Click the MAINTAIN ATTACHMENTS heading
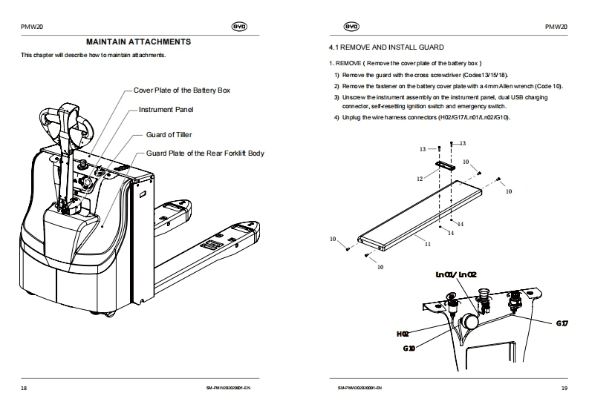pyautogui.click(x=139, y=42)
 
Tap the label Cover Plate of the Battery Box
pyautogui.click(x=182, y=90)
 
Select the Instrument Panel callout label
pyautogui.click(x=166, y=110)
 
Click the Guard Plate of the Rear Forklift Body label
pyautogui.click(x=205, y=153)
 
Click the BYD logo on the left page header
pyautogui.click(x=239, y=27)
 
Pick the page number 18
pyautogui.click(x=24, y=388)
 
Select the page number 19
pyautogui.click(x=564, y=388)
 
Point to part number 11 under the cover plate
pyautogui.click(x=428, y=242)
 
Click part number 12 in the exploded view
pyautogui.click(x=420, y=179)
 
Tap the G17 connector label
pyautogui.click(x=562, y=323)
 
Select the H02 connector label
pyautogui.click(x=403, y=334)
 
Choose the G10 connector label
pyautogui.click(x=409, y=348)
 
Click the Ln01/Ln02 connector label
pyautogui.click(x=456, y=275)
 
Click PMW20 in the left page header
pyautogui.click(x=32, y=27)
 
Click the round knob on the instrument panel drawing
pyautogui.click(x=470, y=322)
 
